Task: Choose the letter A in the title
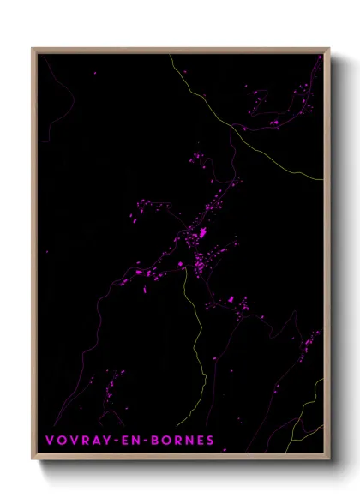pyautogui.click(x=88, y=441)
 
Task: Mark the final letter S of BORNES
pyautogui.click(x=210, y=441)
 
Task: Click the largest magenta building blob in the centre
pyautogui.click(x=202, y=233)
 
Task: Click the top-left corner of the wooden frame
pyautogui.click(x=33, y=49)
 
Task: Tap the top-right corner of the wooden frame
pyautogui.click(x=328, y=49)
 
